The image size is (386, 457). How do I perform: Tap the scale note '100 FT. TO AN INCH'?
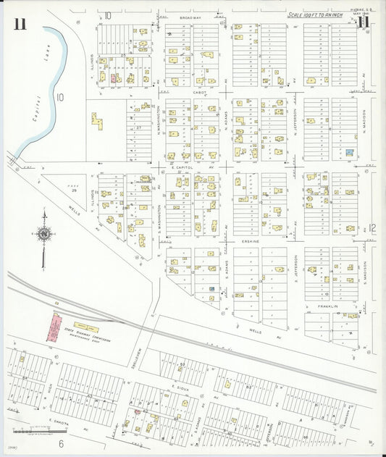click(x=313, y=14)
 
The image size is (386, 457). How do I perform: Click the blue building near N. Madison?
click(x=350, y=153)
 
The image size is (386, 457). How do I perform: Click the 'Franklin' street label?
click(x=330, y=307)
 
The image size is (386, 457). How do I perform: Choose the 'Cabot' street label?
click(x=200, y=93)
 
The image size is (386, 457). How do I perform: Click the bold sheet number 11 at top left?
click(x=19, y=23)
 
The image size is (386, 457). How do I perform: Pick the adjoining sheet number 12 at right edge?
click(x=372, y=228)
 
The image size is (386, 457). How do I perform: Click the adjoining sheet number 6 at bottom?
click(x=62, y=443)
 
